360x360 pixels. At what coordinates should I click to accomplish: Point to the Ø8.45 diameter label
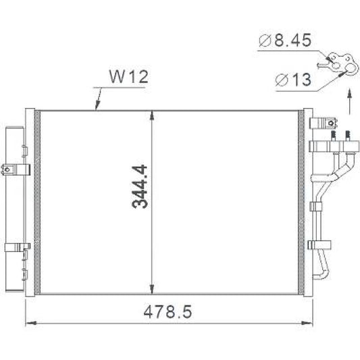285,42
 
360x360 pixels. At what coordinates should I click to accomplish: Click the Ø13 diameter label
292,81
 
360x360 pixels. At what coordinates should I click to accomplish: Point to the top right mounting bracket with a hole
322,123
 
